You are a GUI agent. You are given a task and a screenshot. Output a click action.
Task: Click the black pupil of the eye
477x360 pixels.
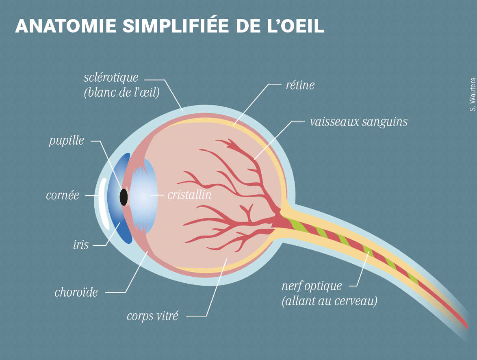pos(124,197)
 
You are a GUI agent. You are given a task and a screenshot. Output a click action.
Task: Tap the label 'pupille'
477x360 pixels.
pos(66,141)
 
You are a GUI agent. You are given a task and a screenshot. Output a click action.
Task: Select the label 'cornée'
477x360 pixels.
pos(62,195)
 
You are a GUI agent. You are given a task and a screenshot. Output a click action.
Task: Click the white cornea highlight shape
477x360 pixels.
pos(103,203)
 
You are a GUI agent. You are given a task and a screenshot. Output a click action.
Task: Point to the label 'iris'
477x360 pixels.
pos(81,245)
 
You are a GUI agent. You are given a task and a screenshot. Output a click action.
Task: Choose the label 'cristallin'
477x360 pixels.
pos(189,195)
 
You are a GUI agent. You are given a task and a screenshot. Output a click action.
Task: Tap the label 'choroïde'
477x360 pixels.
pos(76,292)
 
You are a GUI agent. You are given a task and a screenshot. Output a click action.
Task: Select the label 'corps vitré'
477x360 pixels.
pos(152,316)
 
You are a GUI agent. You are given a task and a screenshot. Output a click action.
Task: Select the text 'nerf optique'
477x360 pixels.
pos(312,286)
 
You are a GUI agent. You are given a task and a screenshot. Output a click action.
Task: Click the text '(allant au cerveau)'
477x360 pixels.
pos(330,301)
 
